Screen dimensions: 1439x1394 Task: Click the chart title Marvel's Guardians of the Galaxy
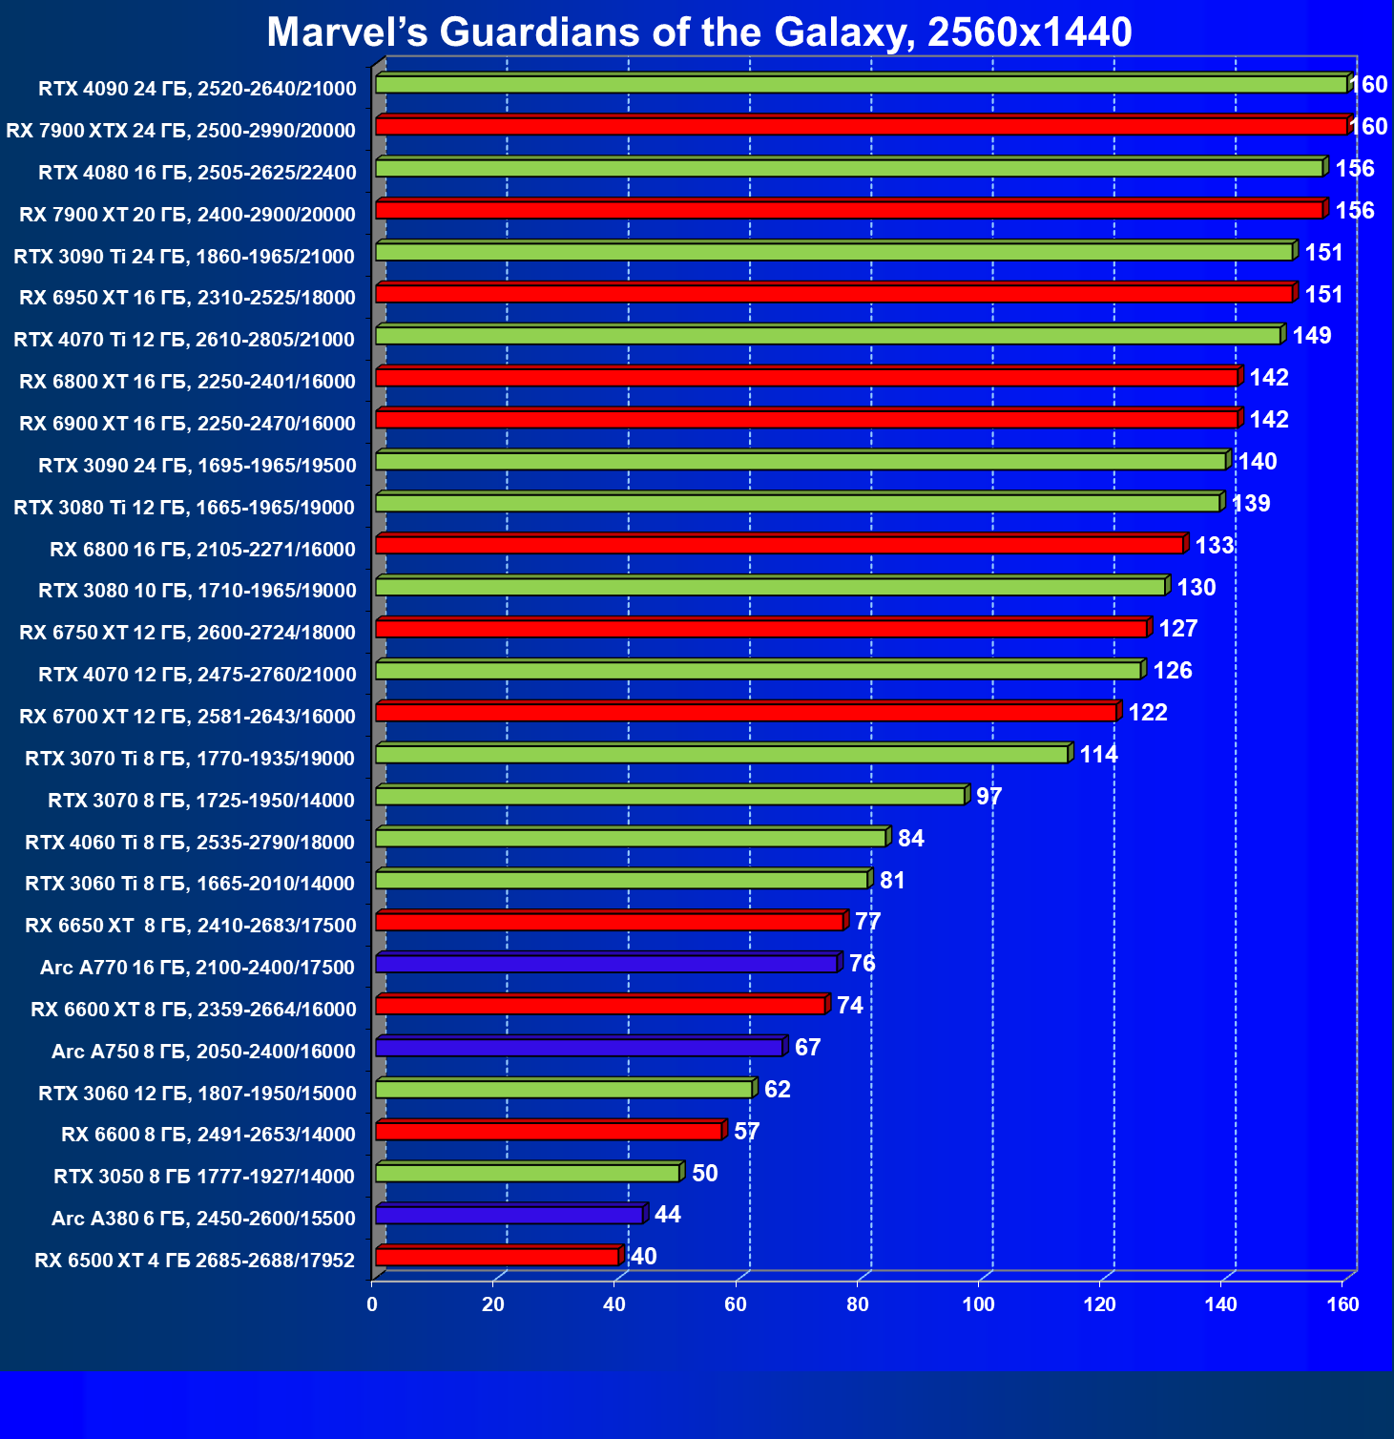coord(698,32)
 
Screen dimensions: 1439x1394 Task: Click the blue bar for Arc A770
coord(607,964)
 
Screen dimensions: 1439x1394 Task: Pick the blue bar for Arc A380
coord(510,1215)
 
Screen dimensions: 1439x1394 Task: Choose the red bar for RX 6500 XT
coord(497,1257)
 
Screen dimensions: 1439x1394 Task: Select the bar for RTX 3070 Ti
coord(721,755)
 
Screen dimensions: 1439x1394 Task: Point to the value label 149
coord(1312,336)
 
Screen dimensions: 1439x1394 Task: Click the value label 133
coord(1215,546)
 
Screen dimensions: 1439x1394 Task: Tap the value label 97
coord(988,797)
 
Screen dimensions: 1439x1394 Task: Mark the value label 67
coord(807,1048)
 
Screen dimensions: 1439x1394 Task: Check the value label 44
coord(667,1215)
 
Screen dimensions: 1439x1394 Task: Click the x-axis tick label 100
coord(978,1304)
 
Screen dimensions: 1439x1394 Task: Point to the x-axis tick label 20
coord(492,1304)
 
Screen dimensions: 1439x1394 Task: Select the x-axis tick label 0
coord(372,1304)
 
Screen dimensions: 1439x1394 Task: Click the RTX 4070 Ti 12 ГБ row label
coord(184,340)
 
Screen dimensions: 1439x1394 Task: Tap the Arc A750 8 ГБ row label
coord(203,1052)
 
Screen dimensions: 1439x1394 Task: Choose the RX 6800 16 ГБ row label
coord(202,549)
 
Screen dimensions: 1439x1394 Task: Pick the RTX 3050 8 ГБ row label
coord(204,1177)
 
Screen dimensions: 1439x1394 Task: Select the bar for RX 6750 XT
coord(761,629)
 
